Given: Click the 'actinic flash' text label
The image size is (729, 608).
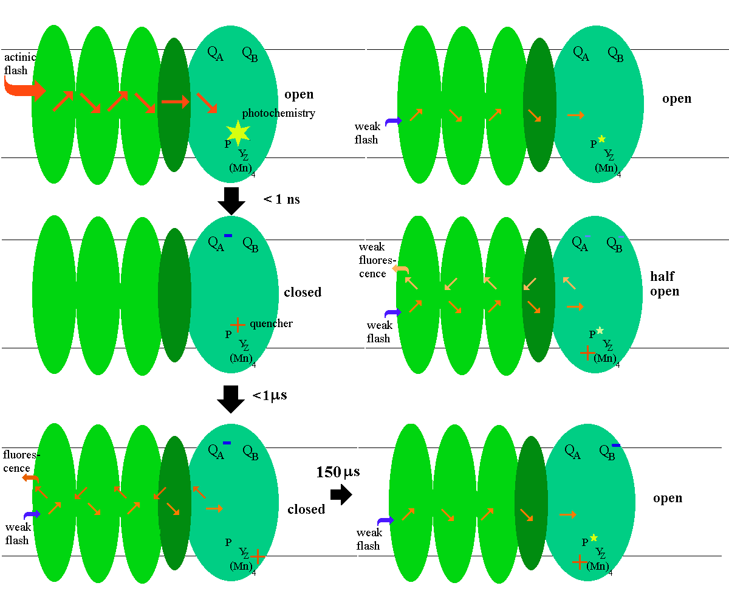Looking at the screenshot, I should [19, 63].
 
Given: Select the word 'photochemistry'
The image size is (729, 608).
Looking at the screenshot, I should [279, 113].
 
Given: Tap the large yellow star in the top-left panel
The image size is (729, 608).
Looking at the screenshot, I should [238, 132].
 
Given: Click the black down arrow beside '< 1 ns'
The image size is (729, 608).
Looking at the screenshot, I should [231, 200].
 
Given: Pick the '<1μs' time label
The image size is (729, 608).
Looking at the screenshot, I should [270, 395].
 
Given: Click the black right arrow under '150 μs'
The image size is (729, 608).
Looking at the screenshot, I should [341, 494].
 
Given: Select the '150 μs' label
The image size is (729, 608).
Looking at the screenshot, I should [338, 472].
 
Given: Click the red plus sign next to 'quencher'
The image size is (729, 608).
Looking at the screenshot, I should [238, 325].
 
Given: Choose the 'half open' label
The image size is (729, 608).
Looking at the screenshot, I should [665, 284].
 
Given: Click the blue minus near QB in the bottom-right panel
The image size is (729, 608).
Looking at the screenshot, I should [616, 446].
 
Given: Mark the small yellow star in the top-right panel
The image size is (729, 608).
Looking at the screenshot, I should [601, 139].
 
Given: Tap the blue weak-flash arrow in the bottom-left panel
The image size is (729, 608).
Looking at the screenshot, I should [32, 515].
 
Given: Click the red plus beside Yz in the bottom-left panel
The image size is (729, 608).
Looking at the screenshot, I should [258, 556].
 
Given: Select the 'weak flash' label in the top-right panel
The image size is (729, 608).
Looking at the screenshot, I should [367, 133].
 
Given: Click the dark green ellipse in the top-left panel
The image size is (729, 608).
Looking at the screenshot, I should [174, 105].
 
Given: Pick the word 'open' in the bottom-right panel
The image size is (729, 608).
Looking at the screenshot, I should [668, 499].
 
